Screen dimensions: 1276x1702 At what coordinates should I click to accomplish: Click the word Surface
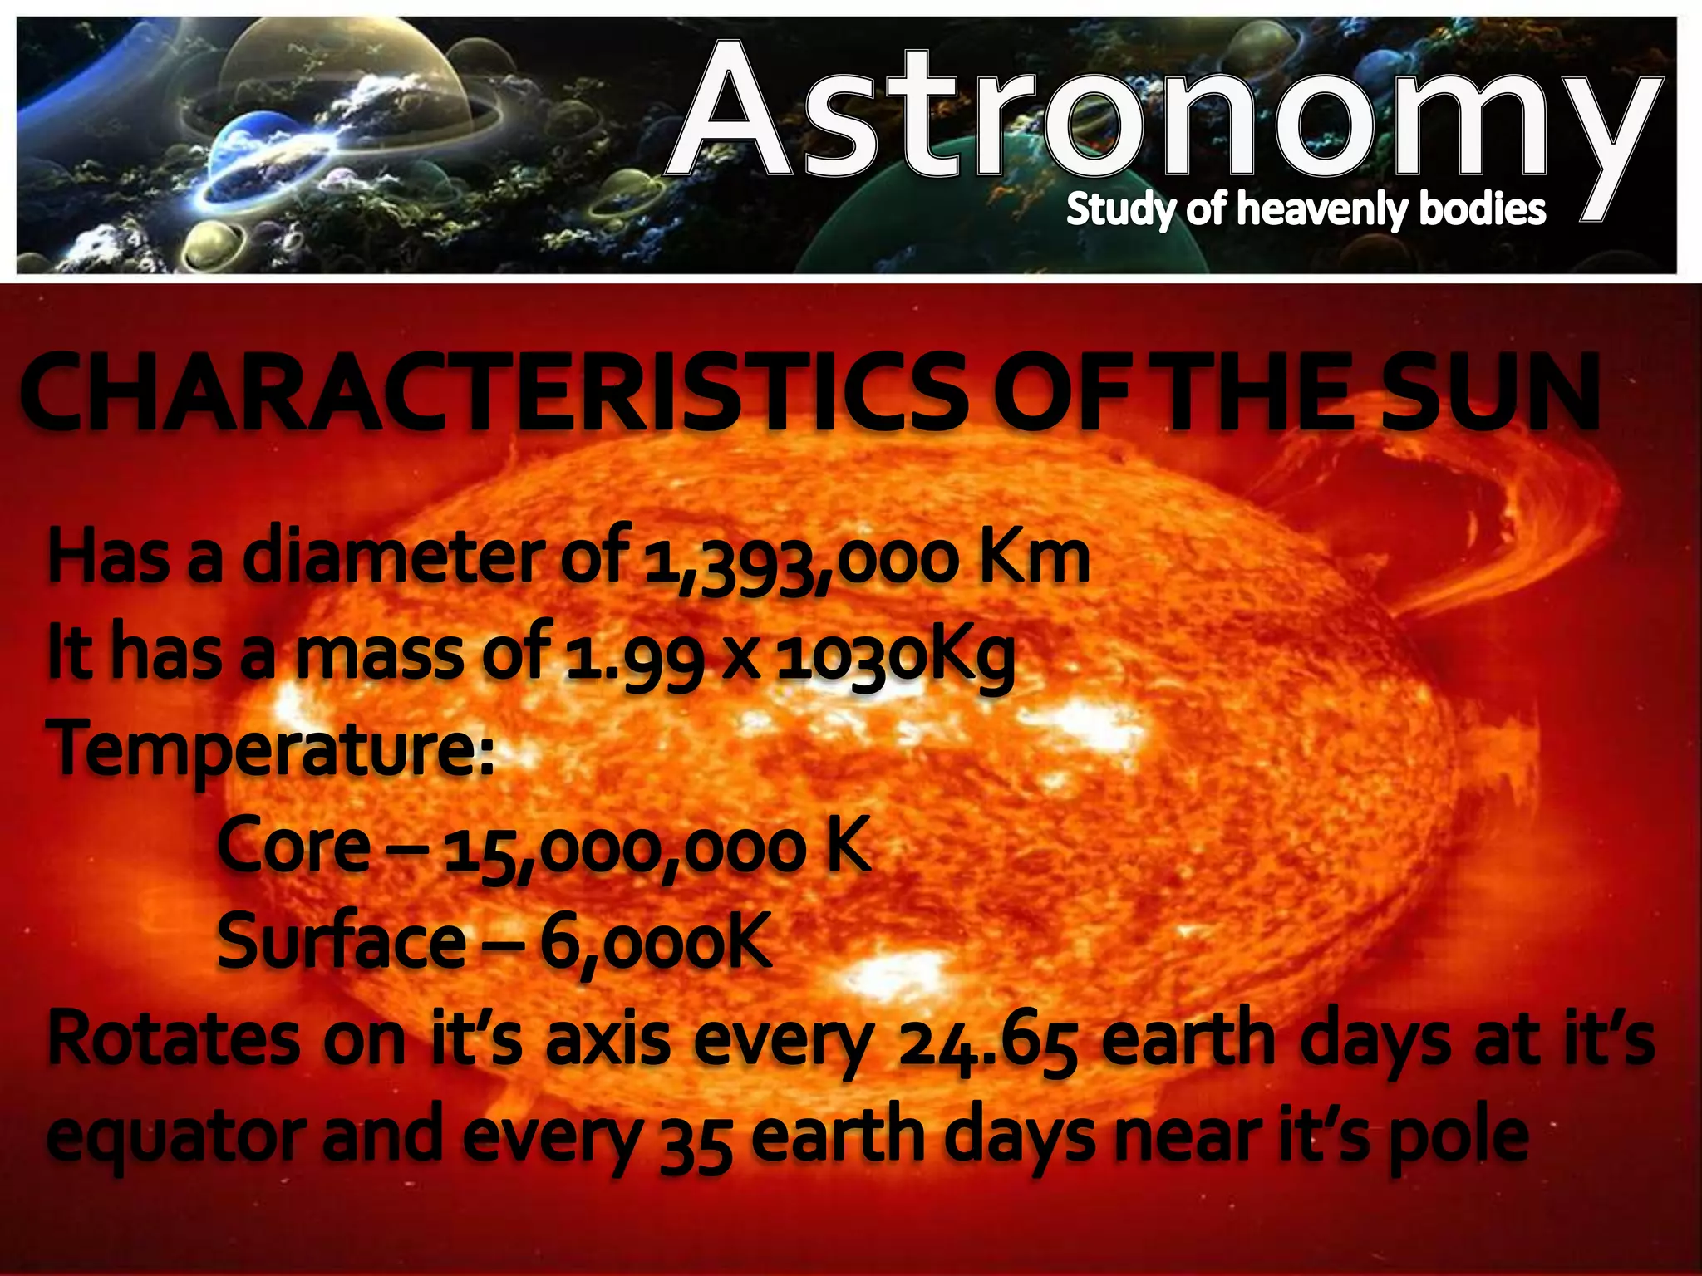point(341,940)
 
